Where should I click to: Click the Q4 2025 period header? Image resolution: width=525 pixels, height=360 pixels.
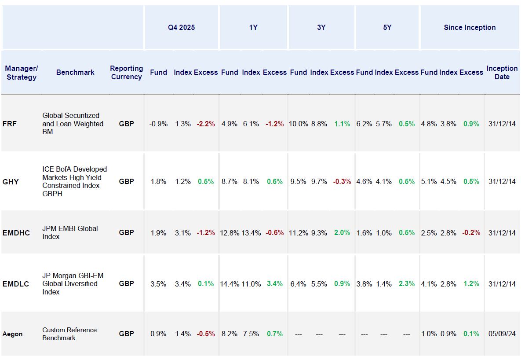click(181, 27)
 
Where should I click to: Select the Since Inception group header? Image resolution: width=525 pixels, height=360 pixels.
click(470, 27)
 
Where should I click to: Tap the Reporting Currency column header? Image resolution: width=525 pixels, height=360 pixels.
click(126, 73)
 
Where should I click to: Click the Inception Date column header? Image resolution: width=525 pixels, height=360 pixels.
click(502, 73)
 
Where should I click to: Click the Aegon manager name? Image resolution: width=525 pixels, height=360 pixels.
click(12, 334)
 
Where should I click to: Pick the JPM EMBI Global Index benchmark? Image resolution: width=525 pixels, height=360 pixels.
click(70, 232)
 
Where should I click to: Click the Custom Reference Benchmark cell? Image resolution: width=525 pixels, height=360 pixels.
click(69, 334)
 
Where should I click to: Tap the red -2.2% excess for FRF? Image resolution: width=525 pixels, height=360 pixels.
click(206, 124)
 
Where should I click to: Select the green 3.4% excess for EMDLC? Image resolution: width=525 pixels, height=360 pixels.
click(275, 284)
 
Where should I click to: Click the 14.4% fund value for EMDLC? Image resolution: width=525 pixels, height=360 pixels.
click(230, 284)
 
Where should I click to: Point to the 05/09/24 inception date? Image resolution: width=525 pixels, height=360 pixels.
click(502, 334)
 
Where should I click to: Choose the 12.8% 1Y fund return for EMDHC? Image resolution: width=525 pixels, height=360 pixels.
click(230, 233)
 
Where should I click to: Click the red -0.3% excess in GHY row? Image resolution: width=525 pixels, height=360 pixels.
click(342, 181)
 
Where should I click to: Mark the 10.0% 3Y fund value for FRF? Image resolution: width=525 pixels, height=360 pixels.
click(299, 124)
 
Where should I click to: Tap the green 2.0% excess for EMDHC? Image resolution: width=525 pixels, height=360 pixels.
click(342, 233)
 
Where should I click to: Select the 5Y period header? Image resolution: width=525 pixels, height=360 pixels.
click(387, 27)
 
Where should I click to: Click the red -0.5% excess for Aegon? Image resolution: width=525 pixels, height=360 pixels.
click(206, 334)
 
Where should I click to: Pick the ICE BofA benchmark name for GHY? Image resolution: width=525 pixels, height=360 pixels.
click(74, 181)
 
